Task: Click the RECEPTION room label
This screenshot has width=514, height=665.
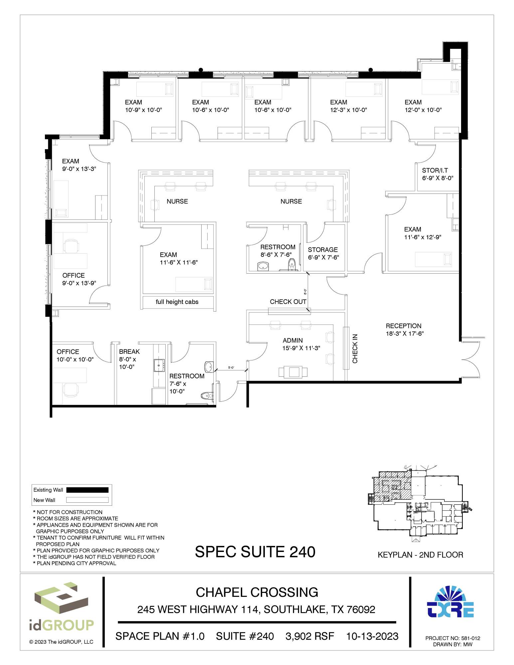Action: tap(404, 326)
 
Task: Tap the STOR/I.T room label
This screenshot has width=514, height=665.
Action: tap(435, 170)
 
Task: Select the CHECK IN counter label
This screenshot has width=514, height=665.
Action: tap(355, 348)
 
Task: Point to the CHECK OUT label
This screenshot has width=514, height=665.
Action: tap(288, 302)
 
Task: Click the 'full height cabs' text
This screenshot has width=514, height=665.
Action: tap(177, 302)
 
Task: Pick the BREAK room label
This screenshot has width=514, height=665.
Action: tap(129, 351)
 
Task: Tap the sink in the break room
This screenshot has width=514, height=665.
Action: tap(159, 365)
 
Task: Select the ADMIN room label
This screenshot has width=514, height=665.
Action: tap(293, 340)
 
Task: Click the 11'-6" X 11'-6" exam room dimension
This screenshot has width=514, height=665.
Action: tap(179, 262)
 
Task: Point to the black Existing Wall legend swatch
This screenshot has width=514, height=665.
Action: tap(87, 490)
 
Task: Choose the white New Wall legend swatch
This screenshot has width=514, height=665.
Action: tap(87, 500)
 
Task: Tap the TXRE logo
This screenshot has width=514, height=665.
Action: tap(450, 602)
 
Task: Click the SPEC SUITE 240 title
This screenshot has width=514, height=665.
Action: tap(255, 552)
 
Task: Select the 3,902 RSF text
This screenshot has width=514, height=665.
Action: tap(310, 636)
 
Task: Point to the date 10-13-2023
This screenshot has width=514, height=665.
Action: tap(372, 636)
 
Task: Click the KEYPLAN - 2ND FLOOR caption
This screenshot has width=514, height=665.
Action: tap(421, 555)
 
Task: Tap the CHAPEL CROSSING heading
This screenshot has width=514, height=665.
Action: tap(257, 592)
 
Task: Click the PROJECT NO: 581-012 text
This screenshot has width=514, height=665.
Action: tap(453, 638)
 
